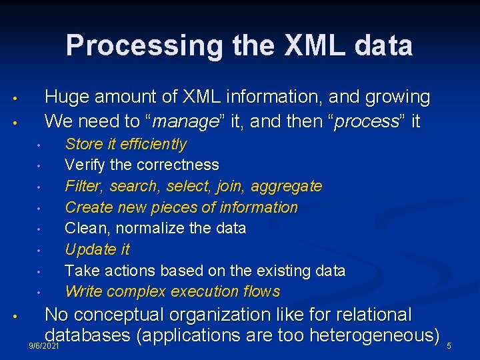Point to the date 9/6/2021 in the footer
(45, 347)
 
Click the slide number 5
(449, 346)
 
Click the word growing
(397, 97)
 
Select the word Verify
(84, 165)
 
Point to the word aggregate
(291, 186)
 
